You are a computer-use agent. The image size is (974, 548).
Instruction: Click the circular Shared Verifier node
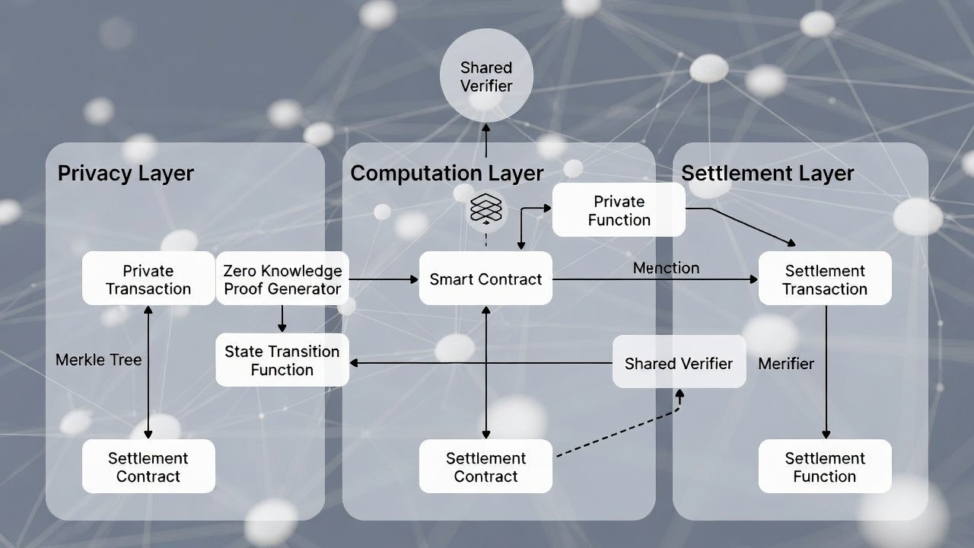point(486,76)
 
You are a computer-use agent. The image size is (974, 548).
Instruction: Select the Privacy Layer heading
point(126,174)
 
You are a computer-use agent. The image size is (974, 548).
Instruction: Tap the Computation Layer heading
point(447,174)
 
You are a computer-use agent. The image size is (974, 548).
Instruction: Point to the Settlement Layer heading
point(767,174)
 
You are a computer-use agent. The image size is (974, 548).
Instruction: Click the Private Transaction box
point(148,279)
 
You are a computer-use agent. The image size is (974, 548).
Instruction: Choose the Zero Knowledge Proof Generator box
point(282,279)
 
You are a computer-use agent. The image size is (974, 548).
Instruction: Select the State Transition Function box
point(282,360)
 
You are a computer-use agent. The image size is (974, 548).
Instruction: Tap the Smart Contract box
point(485,279)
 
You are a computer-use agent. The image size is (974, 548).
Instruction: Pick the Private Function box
point(619,210)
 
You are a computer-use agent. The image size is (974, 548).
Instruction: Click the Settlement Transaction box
point(826,279)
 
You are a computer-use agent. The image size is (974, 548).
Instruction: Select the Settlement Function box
point(825,467)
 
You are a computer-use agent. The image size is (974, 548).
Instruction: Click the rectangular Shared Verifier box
point(679,363)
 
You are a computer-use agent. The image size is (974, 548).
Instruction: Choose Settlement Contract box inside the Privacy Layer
point(148,467)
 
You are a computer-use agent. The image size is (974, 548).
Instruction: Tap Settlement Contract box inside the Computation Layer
point(485,467)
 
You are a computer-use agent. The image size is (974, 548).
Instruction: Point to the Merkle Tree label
point(99,360)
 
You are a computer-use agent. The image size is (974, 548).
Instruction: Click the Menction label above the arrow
point(666,268)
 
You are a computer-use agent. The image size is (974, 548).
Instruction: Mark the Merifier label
point(786,364)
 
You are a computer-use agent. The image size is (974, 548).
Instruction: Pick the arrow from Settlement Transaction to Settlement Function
point(826,373)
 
